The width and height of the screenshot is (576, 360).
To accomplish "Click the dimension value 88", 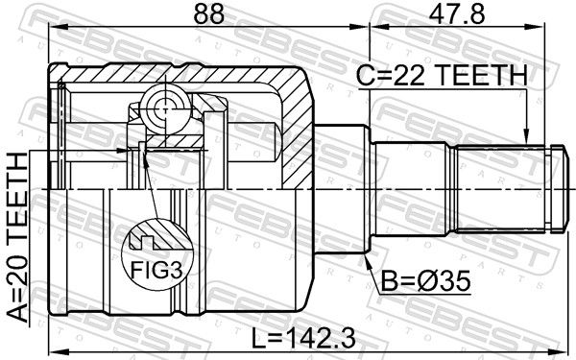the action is point(208,14).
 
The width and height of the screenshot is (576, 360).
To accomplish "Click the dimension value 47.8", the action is point(457,14).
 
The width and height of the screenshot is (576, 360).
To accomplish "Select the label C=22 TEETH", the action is point(442,75).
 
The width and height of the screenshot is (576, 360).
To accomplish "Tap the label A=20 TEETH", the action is point(17,237).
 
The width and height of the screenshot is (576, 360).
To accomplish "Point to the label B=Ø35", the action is point(425,281).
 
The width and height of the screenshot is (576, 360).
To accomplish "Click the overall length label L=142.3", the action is point(303,338).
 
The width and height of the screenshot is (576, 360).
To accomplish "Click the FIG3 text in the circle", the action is point(156,271).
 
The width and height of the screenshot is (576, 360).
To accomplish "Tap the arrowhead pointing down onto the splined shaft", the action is point(526,136).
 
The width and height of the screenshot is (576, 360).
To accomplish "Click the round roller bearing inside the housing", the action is point(165,109).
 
